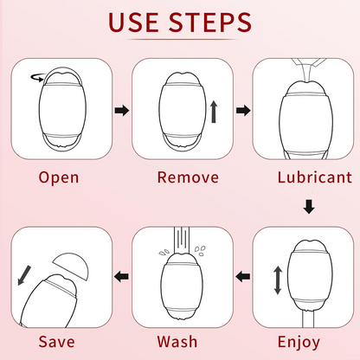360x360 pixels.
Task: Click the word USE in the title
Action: click(133, 22)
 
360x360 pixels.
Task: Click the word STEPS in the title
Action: click(210, 22)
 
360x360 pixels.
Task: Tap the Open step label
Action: click(59, 177)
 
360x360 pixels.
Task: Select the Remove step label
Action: click(188, 177)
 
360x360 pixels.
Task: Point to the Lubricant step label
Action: click(315, 177)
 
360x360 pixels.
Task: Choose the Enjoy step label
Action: click(299, 342)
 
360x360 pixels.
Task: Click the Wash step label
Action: click(177, 342)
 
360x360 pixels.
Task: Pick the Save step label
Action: click(57, 342)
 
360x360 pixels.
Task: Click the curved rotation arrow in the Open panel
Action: click(38, 78)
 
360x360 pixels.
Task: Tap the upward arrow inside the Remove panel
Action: click(214, 112)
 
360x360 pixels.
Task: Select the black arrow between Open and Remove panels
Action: click(122, 110)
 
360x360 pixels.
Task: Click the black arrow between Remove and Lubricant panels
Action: click(243, 110)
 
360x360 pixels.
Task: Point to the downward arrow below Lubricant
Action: click(309, 207)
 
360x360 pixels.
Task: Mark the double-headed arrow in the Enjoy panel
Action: click(278, 280)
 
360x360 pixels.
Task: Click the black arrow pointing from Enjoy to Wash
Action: click(243, 277)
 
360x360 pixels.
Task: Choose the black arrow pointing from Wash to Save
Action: click(121, 277)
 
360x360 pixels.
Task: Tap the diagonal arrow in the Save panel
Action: click(24, 275)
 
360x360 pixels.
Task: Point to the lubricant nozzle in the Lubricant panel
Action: click(308, 70)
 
